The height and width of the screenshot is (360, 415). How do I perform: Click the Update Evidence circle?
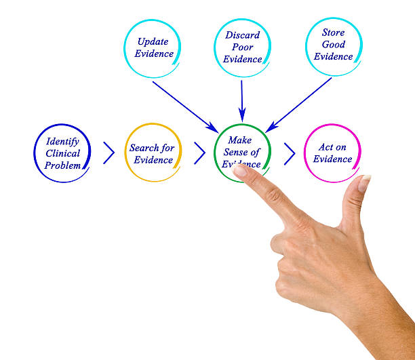pyautogui.click(x=153, y=47)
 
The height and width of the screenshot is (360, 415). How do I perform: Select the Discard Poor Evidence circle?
pyautogui.click(x=242, y=47)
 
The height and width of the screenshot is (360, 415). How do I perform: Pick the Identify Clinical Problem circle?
pyautogui.click(x=62, y=153)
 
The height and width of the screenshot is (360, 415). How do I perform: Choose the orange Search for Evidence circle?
pyautogui.click(x=153, y=153)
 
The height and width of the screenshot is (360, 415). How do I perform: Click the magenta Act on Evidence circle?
pyautogui.click(x=332, y=153)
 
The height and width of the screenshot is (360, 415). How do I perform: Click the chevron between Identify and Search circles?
pyautogui.click(x=108, y=153)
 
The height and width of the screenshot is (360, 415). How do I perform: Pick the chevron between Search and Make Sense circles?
pyautogui.click(x=199, y=153)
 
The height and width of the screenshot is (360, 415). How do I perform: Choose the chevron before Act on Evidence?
pyautogui.click(x=290, y=153)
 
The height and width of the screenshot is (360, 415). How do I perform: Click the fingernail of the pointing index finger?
pyautogui.click(x=241, y=171)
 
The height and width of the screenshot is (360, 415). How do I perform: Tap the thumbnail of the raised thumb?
pyautogui.click(x=364, y=183)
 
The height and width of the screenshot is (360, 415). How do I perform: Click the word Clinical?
pyautogui.click(x=62, y=154)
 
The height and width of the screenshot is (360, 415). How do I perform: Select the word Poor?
pyautogui.click(x=242, y=47)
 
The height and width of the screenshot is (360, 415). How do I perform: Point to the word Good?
pyautogui.click(x=333, y=45)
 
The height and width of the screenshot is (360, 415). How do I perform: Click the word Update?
pyautogui.click(x=153, y=41)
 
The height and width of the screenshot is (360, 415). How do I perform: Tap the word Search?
pyautogui.click(x=144, y=148)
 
